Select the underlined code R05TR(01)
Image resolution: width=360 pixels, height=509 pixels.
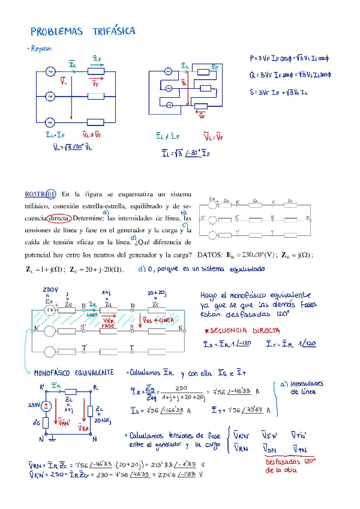[40, 194]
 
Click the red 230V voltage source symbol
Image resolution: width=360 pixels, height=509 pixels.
[46, 405]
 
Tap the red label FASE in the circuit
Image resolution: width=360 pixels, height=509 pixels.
[108, 325]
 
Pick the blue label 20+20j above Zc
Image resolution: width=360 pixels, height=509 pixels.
[157, 293]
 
